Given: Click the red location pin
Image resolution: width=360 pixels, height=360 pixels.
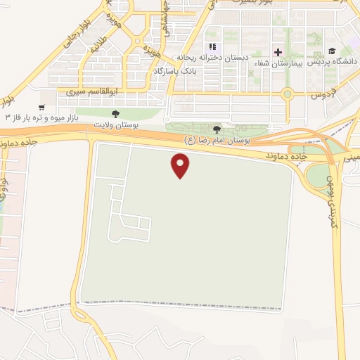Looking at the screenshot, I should point(181,165).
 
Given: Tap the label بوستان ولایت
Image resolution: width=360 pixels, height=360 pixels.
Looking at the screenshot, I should point(116,124).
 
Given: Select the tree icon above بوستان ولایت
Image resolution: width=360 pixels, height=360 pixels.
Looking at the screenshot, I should point(116,112).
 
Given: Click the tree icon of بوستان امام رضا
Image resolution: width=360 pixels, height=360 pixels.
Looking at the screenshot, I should point(217,129).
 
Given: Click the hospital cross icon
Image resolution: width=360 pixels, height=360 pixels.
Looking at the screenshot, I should point(278,52).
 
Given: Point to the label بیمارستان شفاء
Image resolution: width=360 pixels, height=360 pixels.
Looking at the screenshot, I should point(290,63).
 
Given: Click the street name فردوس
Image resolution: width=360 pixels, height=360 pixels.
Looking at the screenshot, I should point(328,92).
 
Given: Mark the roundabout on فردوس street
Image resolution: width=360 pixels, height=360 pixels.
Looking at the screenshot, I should point(287,94).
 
